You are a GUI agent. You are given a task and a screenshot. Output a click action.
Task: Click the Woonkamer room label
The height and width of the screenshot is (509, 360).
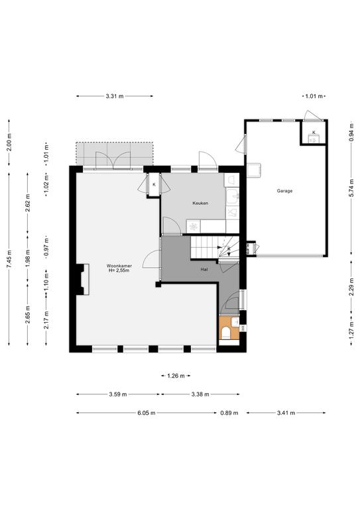click(119, 266)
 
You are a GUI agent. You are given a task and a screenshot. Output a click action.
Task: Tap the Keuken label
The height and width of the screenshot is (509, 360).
click(200, 203)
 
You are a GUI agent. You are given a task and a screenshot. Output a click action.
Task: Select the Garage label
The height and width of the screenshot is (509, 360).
click(284, 191)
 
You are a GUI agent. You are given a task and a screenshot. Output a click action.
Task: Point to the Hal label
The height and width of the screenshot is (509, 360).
click(204, 270)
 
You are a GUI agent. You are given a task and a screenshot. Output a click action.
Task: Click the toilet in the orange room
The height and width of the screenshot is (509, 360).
click(225, 333)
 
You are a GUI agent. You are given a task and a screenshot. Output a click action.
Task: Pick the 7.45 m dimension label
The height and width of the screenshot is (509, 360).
click(9, 260)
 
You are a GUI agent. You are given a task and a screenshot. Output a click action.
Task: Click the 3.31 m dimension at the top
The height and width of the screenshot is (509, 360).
click(115, 96)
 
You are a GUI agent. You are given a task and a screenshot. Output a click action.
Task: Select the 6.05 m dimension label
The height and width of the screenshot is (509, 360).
click(146, 413)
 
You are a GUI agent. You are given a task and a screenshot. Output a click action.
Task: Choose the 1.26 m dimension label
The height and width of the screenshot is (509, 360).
click(176, 376)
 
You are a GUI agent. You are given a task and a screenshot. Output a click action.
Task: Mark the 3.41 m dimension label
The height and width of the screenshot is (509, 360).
click(286, 413)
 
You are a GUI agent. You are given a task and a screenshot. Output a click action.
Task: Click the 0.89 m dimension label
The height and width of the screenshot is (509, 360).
click(229, 413)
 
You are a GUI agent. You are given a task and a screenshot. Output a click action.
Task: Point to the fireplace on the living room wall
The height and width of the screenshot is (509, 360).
click(82, 279)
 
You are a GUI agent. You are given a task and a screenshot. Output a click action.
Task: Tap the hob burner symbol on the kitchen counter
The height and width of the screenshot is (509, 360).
click(194, 227)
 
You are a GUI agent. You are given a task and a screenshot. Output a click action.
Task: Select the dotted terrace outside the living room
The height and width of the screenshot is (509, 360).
click(115, 154)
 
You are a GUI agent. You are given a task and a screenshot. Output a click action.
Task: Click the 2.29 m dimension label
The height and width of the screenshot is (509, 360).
click(351, 287)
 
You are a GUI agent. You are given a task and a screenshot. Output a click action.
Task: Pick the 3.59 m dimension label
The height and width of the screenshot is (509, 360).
click(118, 394)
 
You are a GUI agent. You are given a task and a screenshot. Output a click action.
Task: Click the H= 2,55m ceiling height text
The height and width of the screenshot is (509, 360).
click(119, 270)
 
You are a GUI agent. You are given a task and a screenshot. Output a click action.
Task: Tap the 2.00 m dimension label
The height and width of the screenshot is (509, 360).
click(9, 142)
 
